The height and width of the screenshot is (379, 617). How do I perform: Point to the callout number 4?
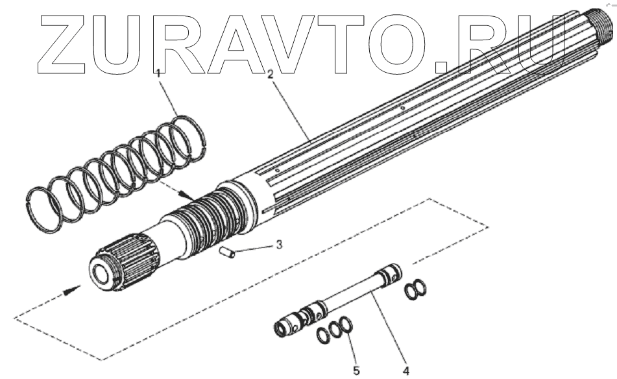tap(405, 371)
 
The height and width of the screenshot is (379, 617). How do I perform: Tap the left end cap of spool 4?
tap(280, 328)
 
